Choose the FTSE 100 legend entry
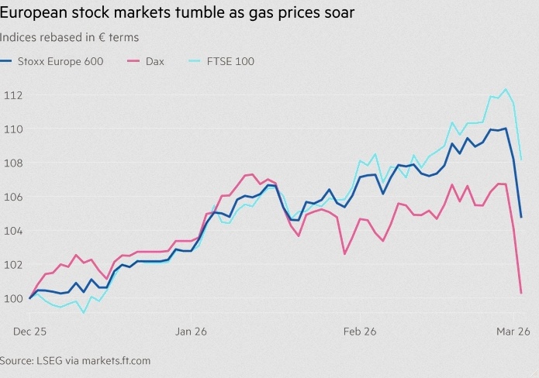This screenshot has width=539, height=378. click(x=227, y=61)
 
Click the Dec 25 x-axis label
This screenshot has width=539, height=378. click(x=29, y=331)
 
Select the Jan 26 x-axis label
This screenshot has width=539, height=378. click(x=191, y=331)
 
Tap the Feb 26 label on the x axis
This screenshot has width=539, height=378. click(x=360, y=331)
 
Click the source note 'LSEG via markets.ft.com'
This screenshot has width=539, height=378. click(x=75, y=361)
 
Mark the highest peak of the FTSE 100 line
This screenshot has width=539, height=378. click(x=506, y=89)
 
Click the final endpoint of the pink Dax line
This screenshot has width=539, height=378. click(x=521, y=293)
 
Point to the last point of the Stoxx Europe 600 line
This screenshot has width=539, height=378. click(x=521, y=217)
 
